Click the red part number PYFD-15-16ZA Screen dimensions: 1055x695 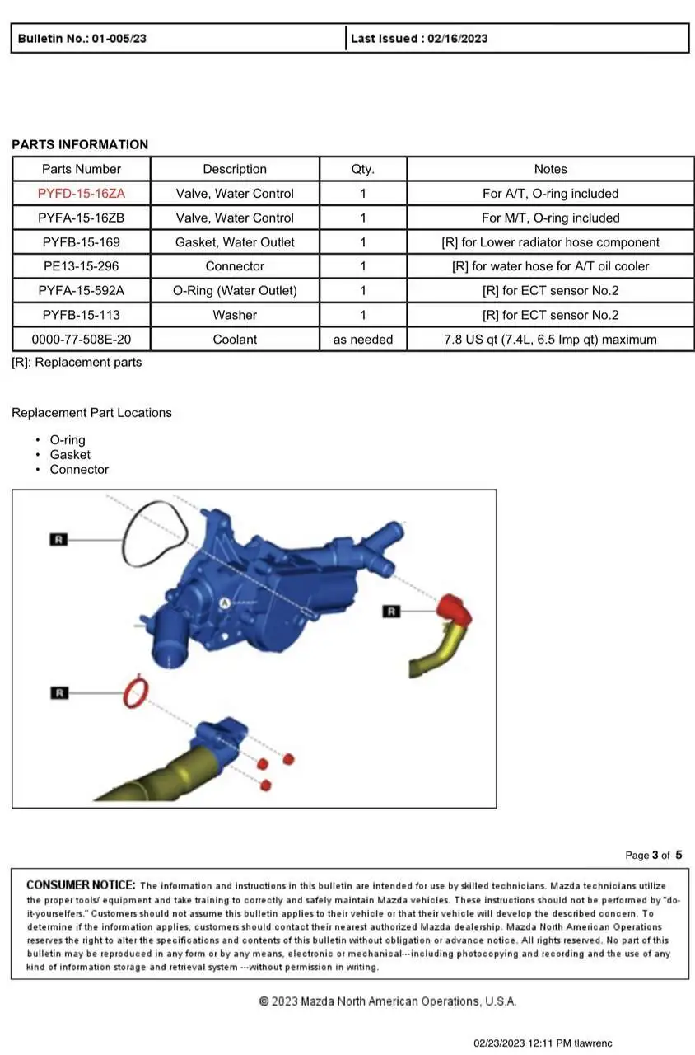81,194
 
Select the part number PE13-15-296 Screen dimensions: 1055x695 81,266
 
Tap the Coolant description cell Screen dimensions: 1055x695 235,340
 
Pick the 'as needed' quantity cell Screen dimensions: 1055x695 362,340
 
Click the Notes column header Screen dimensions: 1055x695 550,169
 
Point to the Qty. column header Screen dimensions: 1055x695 362,169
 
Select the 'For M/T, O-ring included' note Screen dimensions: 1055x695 550,218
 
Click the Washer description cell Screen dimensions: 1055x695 235,315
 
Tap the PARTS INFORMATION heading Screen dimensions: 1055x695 80,145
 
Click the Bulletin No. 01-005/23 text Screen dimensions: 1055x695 82,39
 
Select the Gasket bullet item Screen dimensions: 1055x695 70,455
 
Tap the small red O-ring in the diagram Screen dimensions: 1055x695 136,693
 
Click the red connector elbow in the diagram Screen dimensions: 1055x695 455,611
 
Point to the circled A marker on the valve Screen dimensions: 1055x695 223,603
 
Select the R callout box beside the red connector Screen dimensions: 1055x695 392,612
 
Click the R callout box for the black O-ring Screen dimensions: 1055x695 58,539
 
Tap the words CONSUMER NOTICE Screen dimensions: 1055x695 80,885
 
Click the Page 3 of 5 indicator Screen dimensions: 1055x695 653,855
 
